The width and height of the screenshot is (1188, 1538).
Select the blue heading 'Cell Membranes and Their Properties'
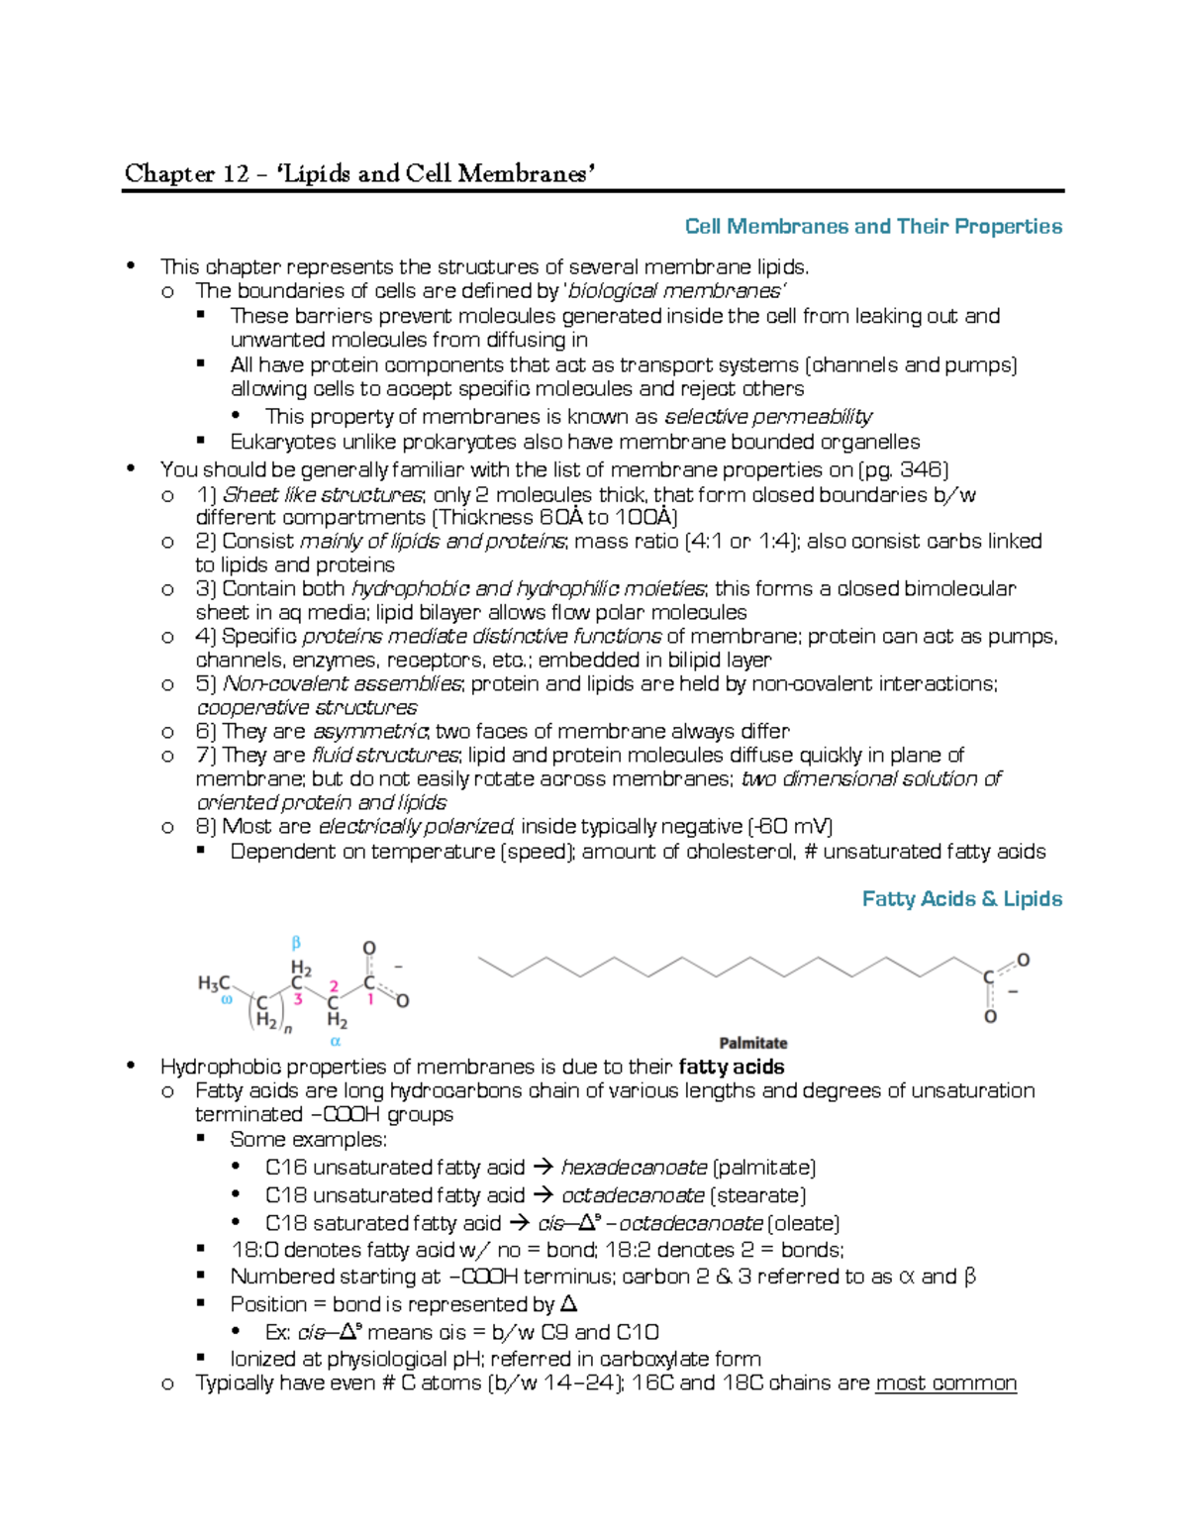tap(873, 227)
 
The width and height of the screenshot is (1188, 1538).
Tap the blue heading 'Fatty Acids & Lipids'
tap(961, 899)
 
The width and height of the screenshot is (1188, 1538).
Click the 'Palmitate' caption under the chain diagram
tap(752, 1043)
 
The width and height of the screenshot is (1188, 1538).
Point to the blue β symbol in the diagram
tap(295, 943)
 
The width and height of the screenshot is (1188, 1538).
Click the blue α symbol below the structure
tap(335, 1041)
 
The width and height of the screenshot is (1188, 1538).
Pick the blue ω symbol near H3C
tap(226, 1000)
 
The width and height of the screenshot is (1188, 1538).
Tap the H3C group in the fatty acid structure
tap(214, 982)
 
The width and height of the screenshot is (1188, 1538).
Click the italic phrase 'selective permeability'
tap(767, 416)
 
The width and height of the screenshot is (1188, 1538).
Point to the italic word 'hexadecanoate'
tap(634, 1168)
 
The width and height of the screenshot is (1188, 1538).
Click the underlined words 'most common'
tap(945, 1383)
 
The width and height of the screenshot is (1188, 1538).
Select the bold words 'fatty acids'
tap(732, 1067)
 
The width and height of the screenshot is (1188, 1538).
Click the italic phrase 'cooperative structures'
tap(307, 707)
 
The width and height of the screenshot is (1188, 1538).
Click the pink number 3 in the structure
tap(297, 999)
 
